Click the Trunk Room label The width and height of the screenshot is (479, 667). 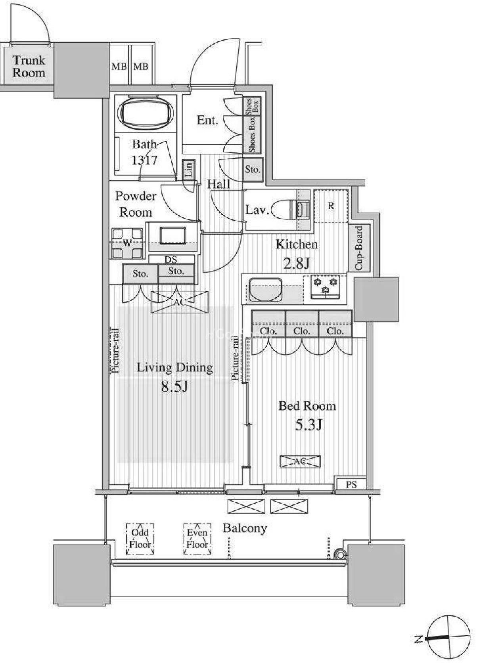(29, 67)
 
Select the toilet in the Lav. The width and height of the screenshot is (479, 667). (291, 210)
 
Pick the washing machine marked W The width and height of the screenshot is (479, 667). (127, 243)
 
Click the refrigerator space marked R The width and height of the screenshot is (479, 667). (331, 206)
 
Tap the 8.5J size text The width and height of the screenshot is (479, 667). (174, 386)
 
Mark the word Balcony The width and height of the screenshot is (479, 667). (245, 529)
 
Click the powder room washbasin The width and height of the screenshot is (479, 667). (173, 236)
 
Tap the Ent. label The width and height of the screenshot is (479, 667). (208, 120)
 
